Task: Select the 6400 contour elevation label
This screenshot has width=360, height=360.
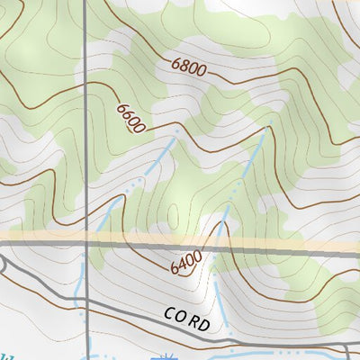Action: click(185, 263)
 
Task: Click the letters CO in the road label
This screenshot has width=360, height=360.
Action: click(173, 315)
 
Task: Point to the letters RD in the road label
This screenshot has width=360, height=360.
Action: click(200, 322)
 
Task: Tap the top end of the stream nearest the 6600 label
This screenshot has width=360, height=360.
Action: click(176, 130)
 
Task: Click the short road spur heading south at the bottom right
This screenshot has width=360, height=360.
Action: click(347, 352)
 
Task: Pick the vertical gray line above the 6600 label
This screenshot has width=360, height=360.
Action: click(86, 45)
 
